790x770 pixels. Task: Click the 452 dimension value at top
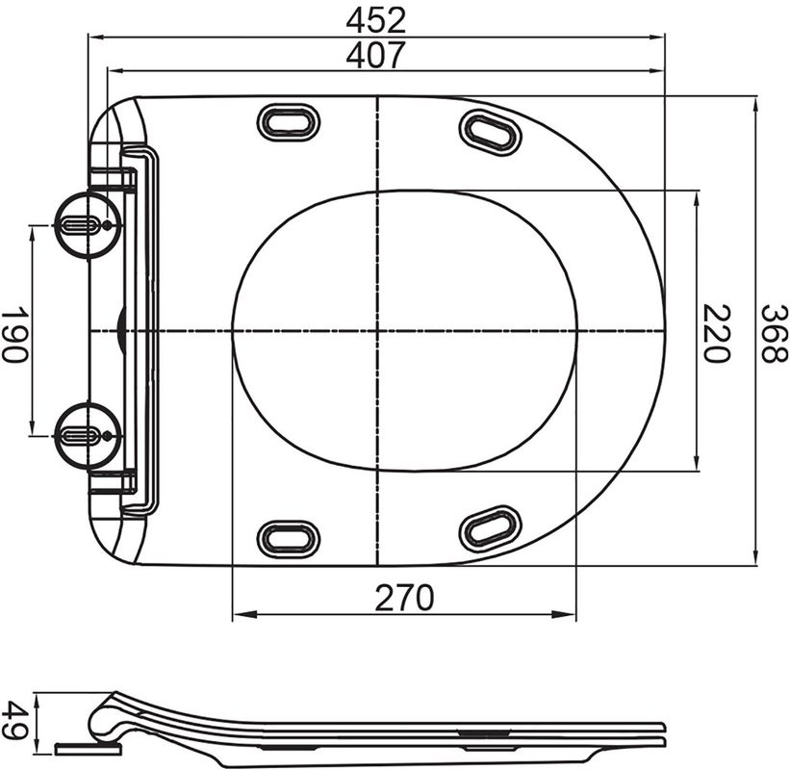coord(376,19)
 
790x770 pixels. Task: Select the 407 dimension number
coord(376,55)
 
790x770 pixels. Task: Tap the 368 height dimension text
coord(771,332)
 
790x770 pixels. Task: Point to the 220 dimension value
coord(715,332)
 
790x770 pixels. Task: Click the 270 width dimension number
coord(404,598)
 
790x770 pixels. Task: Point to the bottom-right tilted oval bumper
coord(491,526)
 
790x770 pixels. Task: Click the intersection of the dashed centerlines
coord(376,330)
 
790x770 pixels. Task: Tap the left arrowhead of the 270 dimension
coord(239,613)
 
